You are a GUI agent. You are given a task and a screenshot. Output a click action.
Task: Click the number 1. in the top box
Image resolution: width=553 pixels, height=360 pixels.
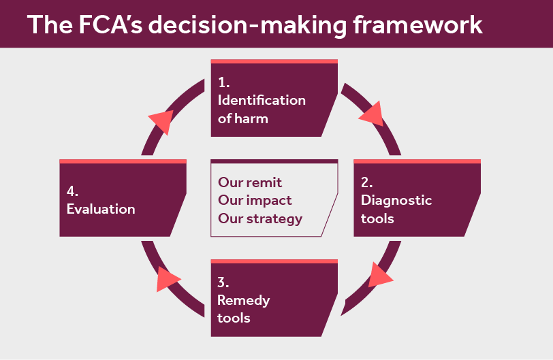click(x=224, y=82)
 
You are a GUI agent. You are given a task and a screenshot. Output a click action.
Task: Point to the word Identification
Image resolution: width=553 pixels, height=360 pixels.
click(x=262, y=100)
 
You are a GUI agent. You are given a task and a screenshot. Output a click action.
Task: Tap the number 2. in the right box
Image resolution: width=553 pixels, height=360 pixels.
click(x=367, y=182)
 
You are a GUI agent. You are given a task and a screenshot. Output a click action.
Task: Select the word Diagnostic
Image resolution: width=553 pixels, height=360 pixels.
click(x=396, y=201)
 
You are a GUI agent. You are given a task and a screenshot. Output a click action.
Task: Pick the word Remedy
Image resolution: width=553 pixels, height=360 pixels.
click(x=244, y=300)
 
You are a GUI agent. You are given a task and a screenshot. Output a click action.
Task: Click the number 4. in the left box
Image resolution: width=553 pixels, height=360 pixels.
click(x=73, y=191)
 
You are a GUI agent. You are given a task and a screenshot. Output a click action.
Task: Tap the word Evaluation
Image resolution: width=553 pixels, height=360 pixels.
click(x=101, y=209)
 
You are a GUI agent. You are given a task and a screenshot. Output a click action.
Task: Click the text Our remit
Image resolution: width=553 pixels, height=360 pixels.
click(x=250, y=182)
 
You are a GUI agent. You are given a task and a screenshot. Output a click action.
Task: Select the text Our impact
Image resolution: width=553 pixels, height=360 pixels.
click(x=255, y=201)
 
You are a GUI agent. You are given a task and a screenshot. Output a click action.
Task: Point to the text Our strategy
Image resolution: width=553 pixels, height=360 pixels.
click(x=260, y=218)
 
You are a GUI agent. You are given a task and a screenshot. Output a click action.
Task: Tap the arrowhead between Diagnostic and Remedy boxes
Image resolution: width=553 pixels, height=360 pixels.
click(x=380, y=275)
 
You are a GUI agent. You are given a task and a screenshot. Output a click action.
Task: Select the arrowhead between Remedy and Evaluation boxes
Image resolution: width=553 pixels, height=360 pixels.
click(x=168, y=279)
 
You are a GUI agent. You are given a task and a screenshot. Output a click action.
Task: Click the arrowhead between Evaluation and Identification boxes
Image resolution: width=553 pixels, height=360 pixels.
click(x=161, y=120)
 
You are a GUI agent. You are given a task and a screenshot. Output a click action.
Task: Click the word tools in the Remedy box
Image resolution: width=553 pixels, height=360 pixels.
click(x=234, y=318)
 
